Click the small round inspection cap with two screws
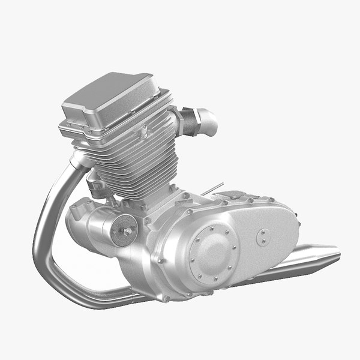(x=262, y=236)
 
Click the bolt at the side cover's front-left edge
(x=161, y=260)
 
